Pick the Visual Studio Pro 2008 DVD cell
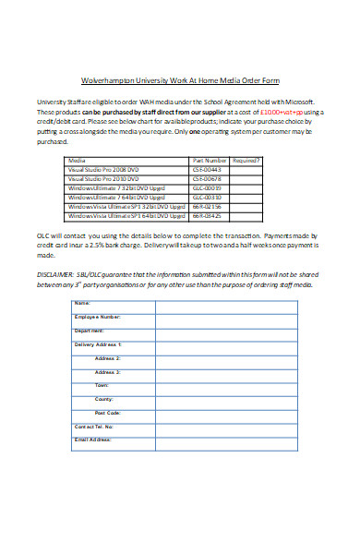103,169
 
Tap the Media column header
78,160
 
